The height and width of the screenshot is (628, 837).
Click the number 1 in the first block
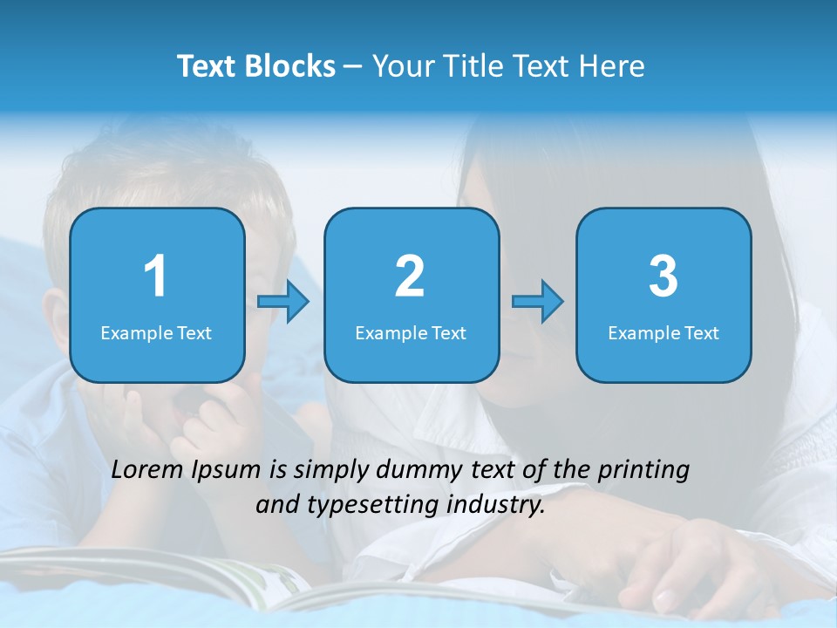(x=155, y=276)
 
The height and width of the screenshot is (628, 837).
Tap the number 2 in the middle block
(x=410, y=276)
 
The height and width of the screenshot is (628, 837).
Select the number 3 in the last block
(x=663, y=276)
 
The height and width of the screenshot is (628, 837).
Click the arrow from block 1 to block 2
(x=283, y=302)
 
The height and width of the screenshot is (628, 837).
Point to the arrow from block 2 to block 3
(x=538, y=302)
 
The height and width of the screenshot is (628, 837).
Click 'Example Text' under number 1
(x=156, y=332)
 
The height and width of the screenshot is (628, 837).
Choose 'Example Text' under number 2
(x=411, y=332)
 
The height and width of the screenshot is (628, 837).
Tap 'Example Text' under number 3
(x=663, y=332)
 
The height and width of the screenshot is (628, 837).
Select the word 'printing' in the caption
(x=643, y=471)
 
